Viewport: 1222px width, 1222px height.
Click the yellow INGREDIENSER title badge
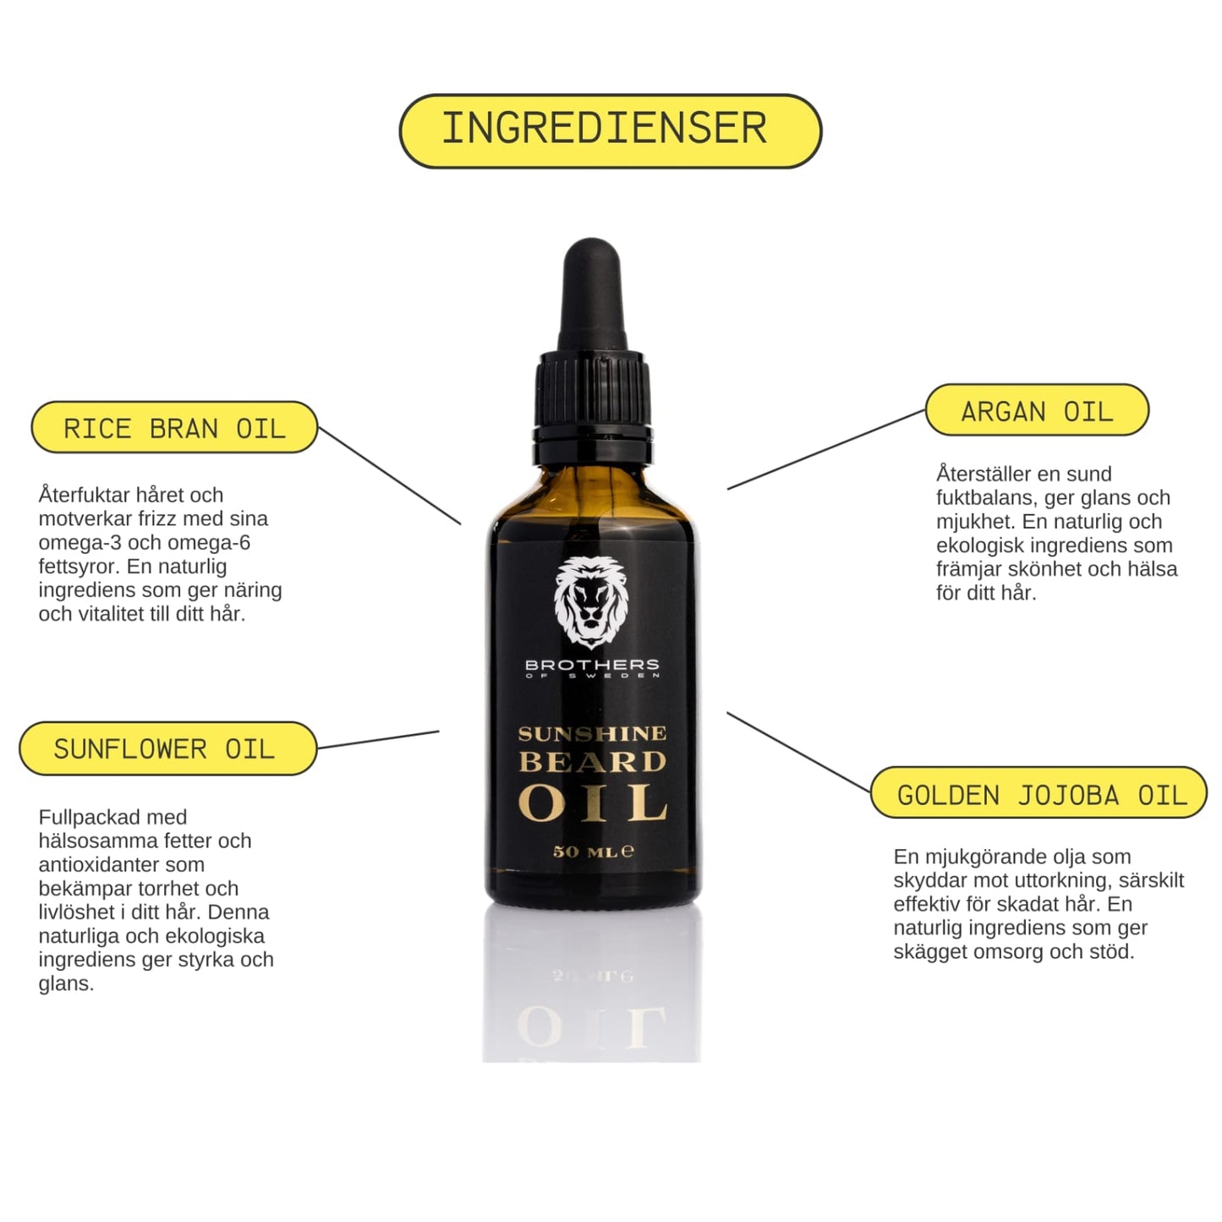(610, 131)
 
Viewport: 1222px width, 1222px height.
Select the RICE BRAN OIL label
(174, 427)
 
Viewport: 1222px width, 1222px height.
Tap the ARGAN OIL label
(1037, 409)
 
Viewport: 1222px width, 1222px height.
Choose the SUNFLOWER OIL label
(168, 748)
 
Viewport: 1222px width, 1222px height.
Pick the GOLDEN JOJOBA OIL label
(1038, 792)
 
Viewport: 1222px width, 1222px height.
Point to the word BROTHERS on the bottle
(592, 665)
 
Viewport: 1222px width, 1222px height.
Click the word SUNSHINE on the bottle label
(592, 734)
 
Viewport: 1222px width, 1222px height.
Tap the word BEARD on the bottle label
(592, 762)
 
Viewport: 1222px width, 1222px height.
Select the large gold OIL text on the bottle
(592, 803)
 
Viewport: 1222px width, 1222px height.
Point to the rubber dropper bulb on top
(592, 294)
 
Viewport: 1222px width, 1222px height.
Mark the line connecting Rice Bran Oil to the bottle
(389, 475)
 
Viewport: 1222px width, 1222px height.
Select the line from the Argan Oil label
(825, 450)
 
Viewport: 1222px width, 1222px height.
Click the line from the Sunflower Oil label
(378, 739)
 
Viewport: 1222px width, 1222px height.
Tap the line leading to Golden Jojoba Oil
(798, 752)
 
